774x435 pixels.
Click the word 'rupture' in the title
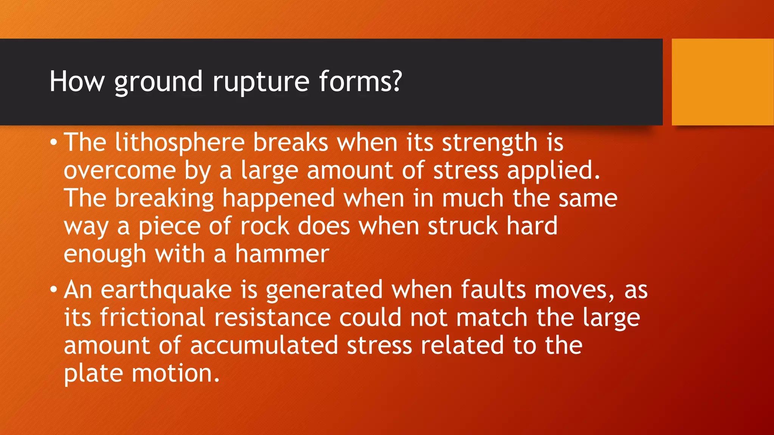[x=261, y=82]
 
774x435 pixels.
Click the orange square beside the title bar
[x=723, y=82]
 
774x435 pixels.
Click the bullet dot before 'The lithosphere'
[x=54, y=143]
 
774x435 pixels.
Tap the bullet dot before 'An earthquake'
[x=54, y=290]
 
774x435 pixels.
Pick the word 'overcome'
[x=120, y=171]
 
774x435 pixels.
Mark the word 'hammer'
[x=282, y=254]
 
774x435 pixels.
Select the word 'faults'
[x=493, y=290]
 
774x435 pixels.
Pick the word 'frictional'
[x=153, y=318]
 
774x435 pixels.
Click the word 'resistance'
[x=272, y=318]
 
